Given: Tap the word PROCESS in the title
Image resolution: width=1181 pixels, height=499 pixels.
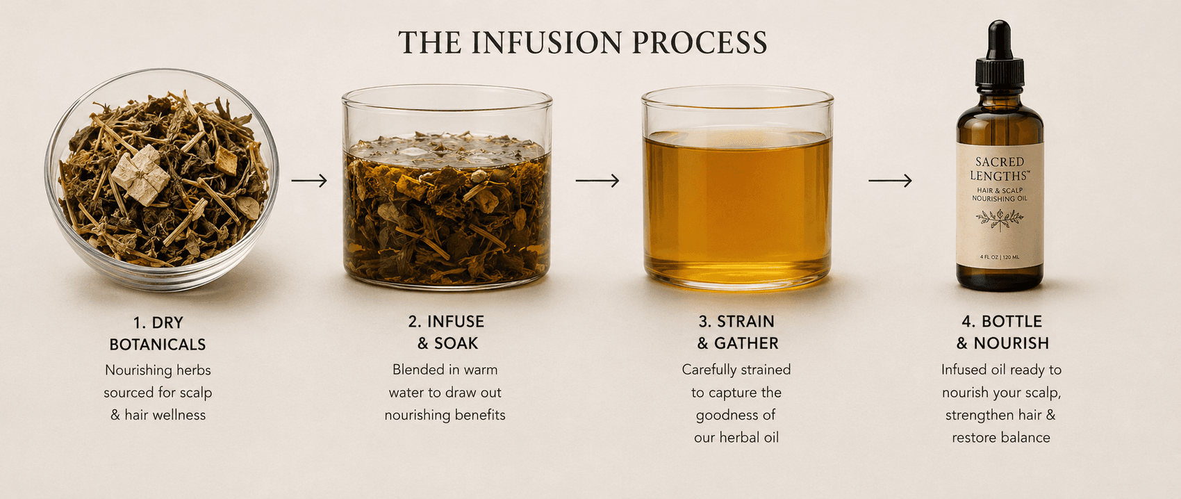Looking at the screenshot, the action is point(699,42).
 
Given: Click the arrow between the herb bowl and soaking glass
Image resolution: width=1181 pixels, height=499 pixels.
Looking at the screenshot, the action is point(309,181).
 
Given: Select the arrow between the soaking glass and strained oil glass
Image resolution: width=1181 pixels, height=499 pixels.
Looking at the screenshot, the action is point(597,181).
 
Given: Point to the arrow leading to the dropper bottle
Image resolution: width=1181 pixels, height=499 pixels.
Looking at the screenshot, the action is point(890,181).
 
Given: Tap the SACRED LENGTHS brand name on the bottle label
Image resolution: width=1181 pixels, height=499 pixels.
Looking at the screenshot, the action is point(1000,169).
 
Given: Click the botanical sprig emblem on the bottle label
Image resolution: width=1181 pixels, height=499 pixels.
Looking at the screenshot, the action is point(1000,219).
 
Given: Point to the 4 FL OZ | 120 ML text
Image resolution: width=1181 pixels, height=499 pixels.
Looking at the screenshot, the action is point(1000,257).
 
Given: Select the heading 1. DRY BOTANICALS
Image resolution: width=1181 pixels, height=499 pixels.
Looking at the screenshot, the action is point(158,334).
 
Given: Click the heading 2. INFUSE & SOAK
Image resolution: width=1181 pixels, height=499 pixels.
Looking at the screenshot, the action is point(446,332).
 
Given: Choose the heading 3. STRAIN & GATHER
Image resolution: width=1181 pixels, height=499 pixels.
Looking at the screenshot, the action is point(737,332).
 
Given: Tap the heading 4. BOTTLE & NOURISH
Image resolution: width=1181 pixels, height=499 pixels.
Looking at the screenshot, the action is point(1002,332).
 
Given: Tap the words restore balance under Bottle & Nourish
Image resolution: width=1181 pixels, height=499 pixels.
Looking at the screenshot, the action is point(1001,438).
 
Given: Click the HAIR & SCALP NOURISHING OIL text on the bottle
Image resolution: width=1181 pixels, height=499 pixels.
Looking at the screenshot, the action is point(1000,195).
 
